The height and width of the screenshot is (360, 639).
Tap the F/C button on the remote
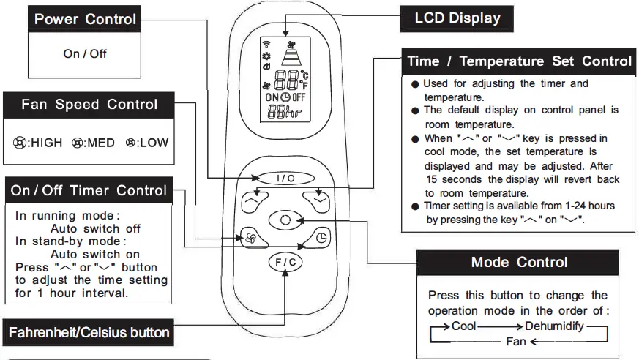coord(284,263)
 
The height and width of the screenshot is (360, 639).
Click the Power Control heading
coord(85,19)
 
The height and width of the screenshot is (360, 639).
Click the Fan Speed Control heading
coord(89,104)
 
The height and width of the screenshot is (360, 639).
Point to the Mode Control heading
coord(519,262)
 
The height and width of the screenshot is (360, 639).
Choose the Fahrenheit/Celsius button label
coord(89,333)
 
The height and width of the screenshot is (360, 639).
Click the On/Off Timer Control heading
coord(89,191)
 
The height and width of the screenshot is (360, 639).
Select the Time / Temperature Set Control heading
coord(520,61)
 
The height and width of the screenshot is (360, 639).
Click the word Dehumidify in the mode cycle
coord(554,326)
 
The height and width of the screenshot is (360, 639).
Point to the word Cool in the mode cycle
coord(464,326)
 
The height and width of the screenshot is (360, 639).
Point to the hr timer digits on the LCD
coord(283,112)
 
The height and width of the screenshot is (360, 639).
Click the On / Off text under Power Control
coord(85,53)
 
